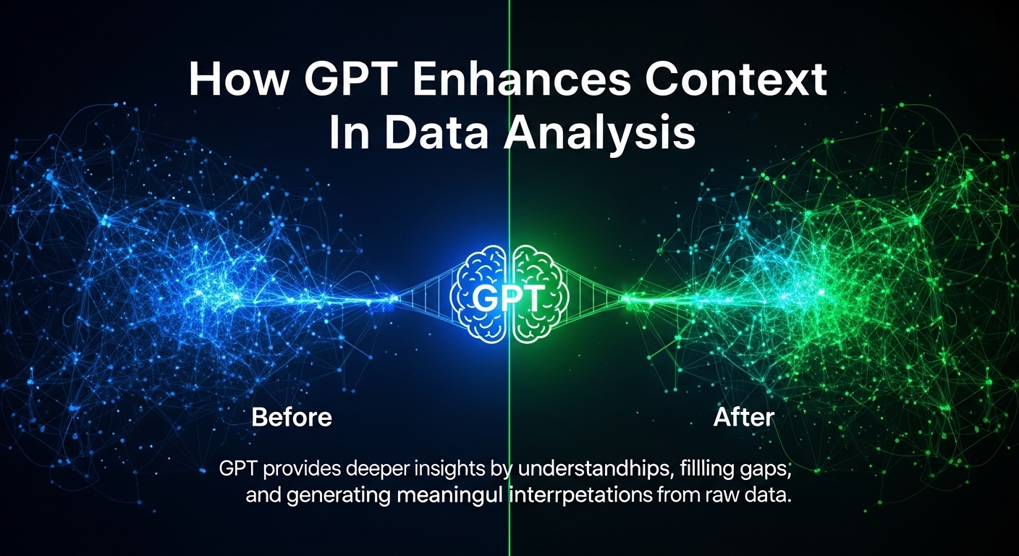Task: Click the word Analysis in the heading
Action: [x=599, y=133]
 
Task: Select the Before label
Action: [x=292, y=417]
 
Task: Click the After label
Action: [x=743, y=417]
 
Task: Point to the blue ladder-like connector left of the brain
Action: [x=426, y=298]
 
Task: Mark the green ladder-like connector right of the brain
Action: [x=594, y=298]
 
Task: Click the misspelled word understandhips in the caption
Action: [x=594, y=468]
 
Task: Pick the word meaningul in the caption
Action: [x=449, y=495]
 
